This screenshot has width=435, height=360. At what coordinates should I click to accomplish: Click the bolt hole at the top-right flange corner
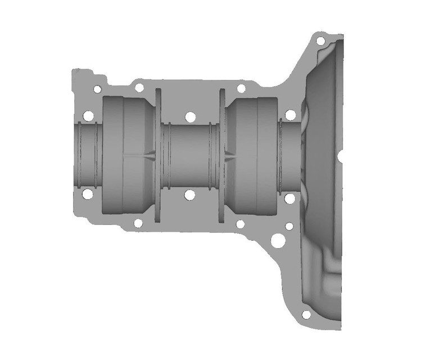tap(320, 41)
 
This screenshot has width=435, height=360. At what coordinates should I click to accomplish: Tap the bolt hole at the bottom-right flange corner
tap(306, 314)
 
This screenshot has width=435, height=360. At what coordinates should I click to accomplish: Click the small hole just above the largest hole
tap(289, 227)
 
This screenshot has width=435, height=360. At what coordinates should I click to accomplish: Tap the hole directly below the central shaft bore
tap(190, 195)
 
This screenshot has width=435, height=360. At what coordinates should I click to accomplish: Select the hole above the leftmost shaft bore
tap(88, 116)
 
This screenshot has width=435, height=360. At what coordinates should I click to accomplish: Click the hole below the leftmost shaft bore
tap(88, 194)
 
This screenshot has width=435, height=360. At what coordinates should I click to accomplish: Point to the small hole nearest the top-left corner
tap(97, 89)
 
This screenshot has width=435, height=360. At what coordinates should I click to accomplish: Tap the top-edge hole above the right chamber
tap(241, 88)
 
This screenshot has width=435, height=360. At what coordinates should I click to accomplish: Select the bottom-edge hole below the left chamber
tap(138, 223)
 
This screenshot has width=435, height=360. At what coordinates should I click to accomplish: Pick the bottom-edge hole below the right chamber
tap(240, 224)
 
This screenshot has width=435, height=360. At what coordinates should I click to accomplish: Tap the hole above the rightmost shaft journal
tap(290, 115)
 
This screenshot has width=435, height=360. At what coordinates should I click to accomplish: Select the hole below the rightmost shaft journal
tap(289, 199)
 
